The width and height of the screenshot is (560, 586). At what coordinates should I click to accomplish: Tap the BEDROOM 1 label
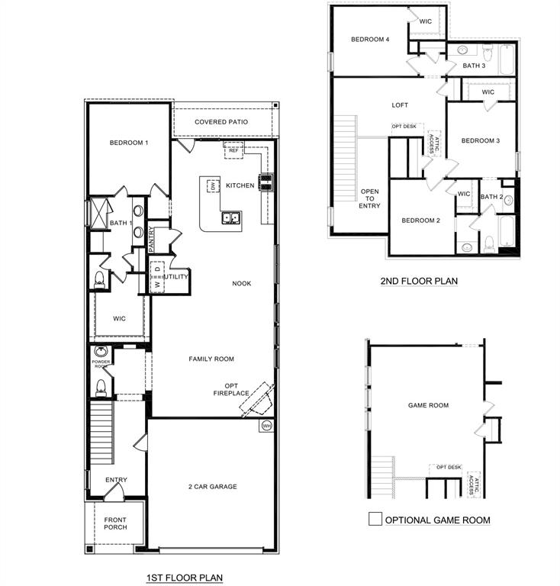point(128,143)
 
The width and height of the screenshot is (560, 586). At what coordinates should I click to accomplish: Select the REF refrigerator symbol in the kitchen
point(233,151)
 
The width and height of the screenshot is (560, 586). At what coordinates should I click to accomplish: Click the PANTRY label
point(152,240)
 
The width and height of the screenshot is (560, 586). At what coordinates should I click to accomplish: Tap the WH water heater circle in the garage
point(266,426)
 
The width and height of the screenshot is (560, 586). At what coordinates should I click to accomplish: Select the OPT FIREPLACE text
point(231,389)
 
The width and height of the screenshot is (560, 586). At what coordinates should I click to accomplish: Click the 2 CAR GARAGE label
point(212,486)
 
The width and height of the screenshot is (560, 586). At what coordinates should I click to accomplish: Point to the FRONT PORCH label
point(115,523)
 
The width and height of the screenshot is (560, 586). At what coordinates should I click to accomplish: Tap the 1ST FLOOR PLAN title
point(185,578)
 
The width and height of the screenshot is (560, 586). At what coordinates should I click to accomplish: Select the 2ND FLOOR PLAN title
point(419,281)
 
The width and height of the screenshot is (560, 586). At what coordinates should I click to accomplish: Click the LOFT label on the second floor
point(401,106)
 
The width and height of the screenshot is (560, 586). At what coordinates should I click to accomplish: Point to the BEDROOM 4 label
point(370,40)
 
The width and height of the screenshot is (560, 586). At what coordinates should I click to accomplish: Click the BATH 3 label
point(474,66)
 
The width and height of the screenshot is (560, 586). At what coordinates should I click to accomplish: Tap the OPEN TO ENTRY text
point(370,198)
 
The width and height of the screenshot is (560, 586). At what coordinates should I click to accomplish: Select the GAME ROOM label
point(428,405)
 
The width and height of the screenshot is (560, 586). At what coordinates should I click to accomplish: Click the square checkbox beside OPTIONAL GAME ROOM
point(375,519)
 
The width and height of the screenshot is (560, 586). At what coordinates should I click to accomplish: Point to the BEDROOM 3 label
point(481,140)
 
